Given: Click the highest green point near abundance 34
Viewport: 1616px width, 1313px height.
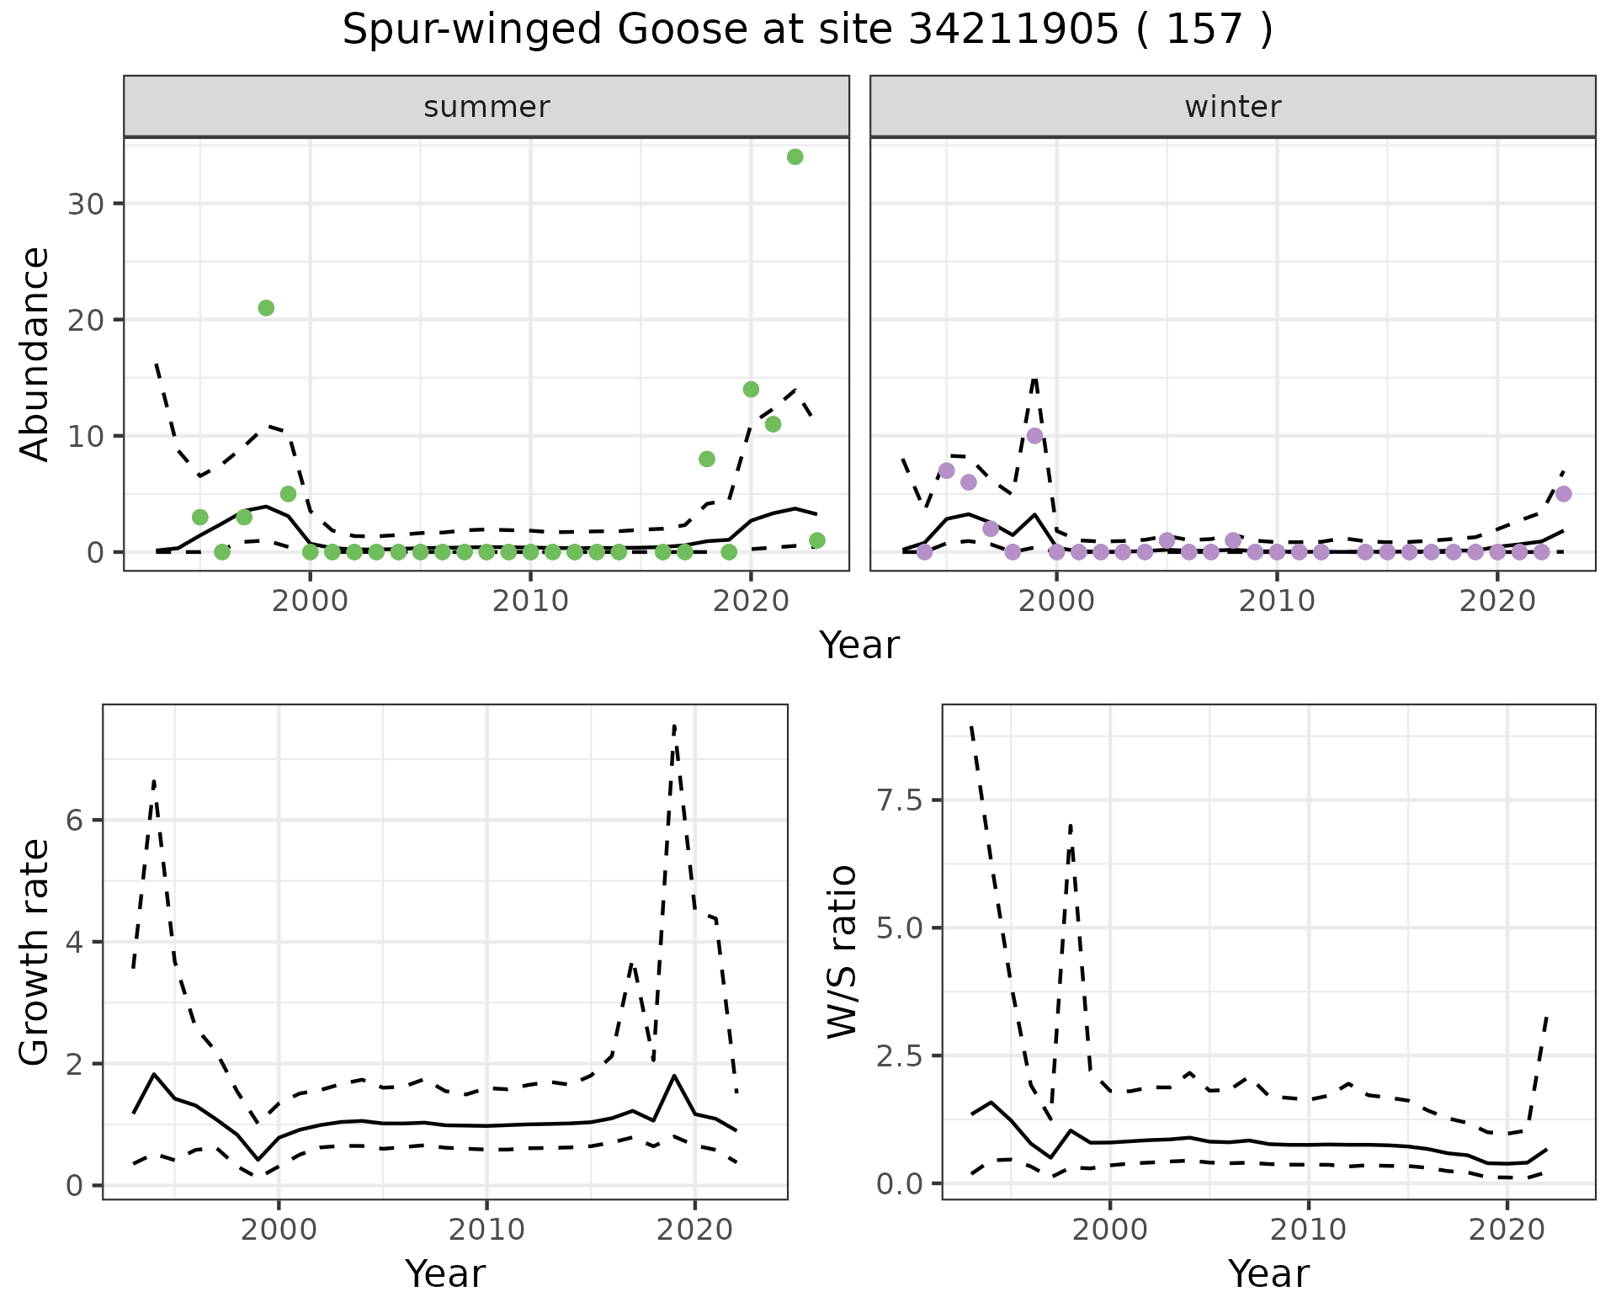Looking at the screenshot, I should point(795,157).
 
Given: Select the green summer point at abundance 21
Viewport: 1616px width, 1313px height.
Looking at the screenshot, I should point(266,308).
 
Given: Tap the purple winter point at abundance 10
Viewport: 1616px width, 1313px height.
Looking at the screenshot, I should point(1034,436).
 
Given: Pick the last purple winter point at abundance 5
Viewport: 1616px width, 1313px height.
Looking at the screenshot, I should point(1563,494).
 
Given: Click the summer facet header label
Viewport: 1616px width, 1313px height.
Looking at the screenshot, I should point(486,107).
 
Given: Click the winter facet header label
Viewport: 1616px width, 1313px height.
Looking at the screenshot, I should point(1232,107).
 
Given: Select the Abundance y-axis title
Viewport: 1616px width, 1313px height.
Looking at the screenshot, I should point(35,353).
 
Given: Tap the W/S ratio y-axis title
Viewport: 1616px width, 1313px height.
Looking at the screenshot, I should point(842,951).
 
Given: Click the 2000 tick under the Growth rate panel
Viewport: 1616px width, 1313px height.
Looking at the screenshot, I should point(279,1230).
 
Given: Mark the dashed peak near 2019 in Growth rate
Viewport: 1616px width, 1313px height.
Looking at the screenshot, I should point(674,726).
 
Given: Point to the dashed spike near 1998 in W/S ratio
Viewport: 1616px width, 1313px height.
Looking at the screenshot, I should point(1071,827).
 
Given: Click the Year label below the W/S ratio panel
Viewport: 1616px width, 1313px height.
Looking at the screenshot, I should point(1268,1274).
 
